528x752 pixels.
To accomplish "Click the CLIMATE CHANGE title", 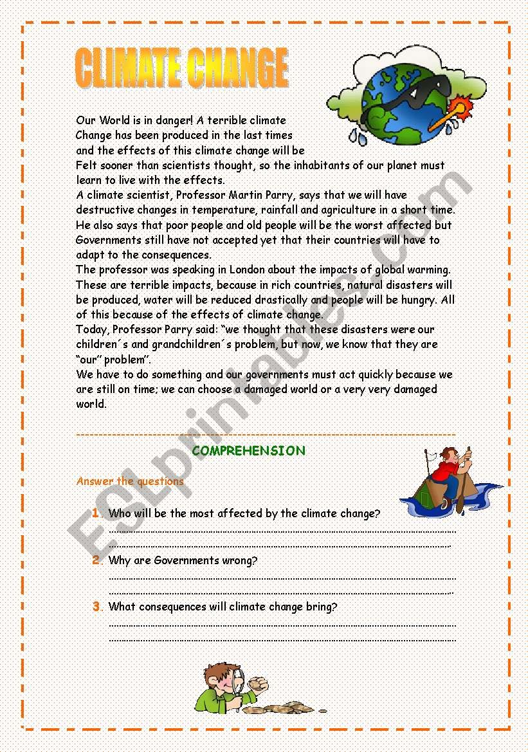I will click(181, 68).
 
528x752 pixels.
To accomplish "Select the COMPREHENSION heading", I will click(248, 451).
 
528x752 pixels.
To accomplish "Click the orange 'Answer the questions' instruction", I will click(130, 481).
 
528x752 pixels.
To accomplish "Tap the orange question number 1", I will click(95, 513).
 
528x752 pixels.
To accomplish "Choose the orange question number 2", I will click(96, 560).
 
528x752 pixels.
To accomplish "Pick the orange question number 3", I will click(96, 606).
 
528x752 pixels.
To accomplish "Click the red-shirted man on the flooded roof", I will click(450, 473).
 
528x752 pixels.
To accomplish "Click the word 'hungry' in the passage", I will click(419, 300).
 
